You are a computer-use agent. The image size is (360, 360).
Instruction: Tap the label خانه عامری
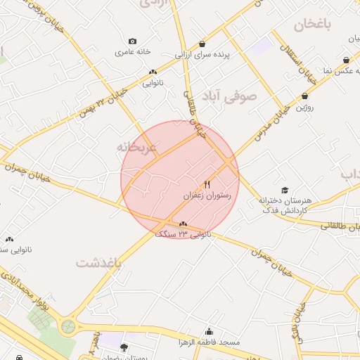pos(133,51)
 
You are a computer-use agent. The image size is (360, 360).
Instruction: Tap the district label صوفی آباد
pos(238,97)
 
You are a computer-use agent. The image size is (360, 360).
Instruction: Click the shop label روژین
pos(304,108)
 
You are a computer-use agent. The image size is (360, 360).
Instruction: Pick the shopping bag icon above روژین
pos(304,96)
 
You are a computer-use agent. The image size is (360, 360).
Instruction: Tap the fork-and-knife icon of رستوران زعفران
pos(206,184)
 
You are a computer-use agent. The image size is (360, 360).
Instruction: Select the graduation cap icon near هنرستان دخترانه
pos(285,190)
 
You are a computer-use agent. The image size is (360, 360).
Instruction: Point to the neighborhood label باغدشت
pos(99,262)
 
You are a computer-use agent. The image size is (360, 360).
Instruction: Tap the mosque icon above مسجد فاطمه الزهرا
pos(209,331)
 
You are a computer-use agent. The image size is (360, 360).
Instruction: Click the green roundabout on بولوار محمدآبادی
pos(68,326)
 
